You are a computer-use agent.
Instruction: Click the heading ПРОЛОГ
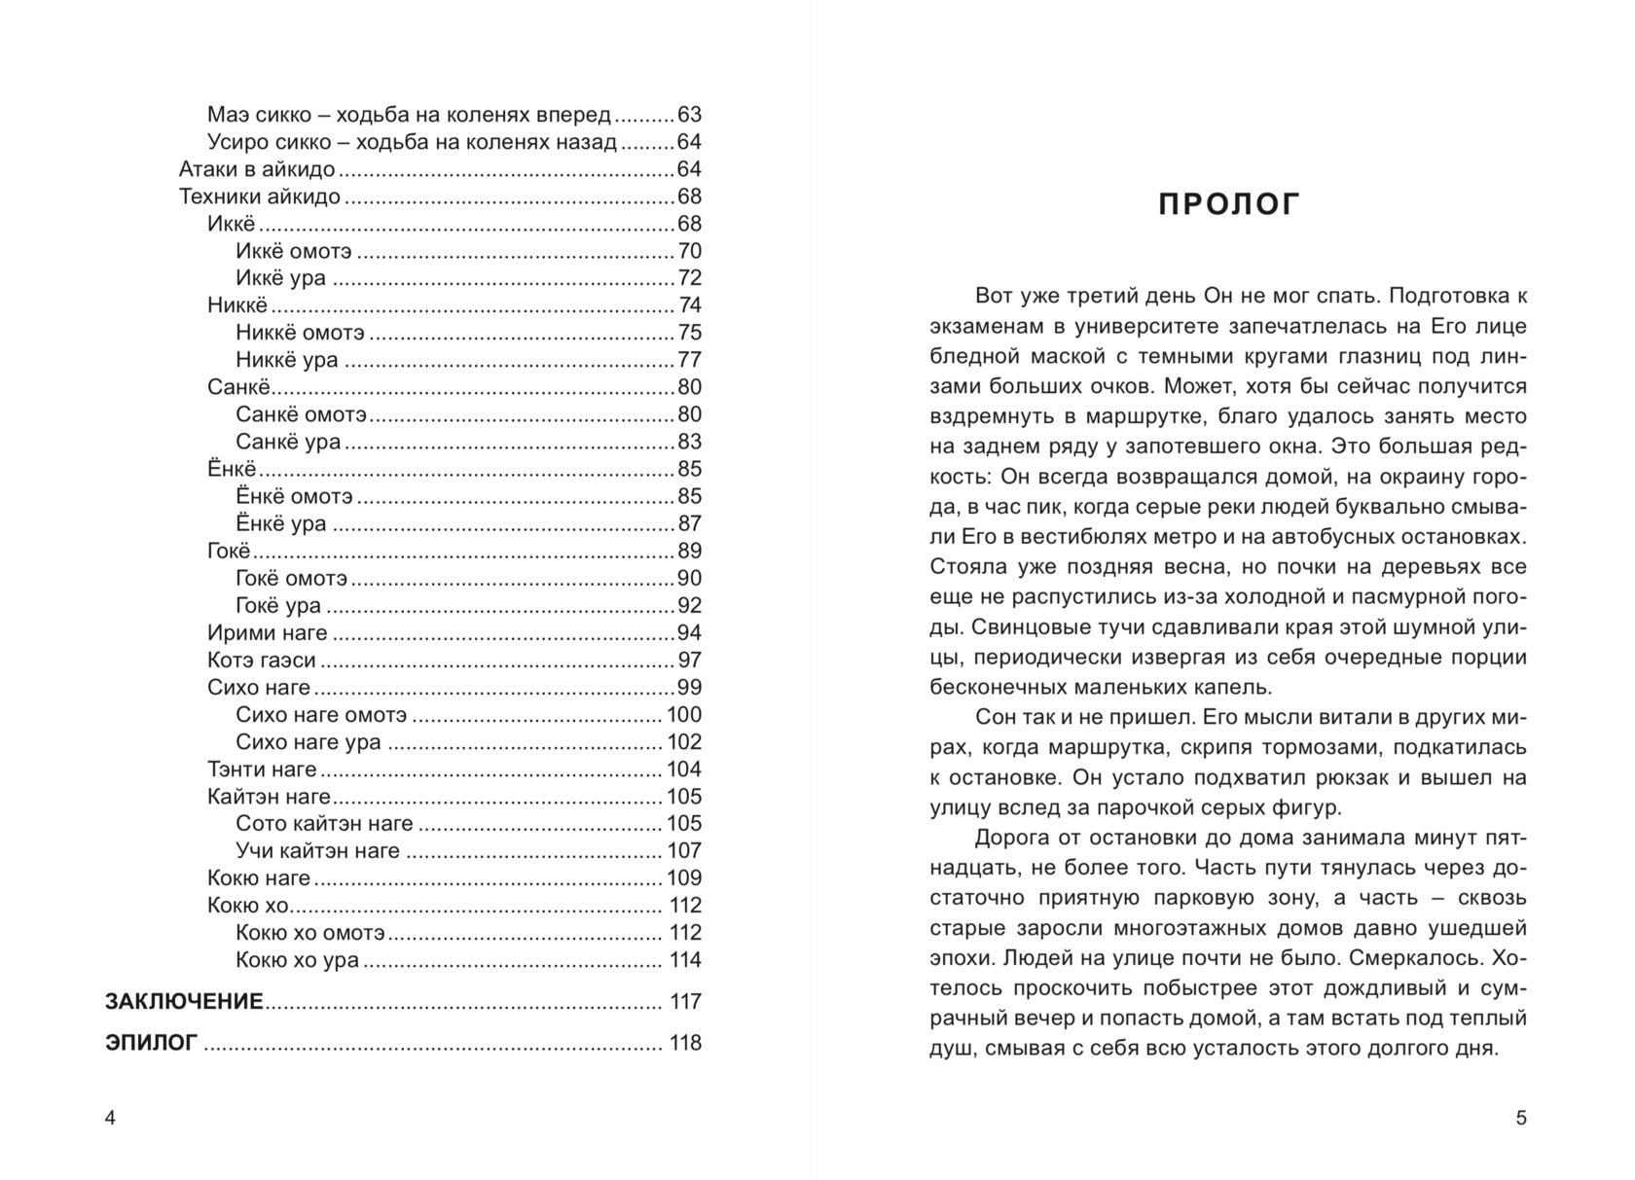click(x=1228, y=205)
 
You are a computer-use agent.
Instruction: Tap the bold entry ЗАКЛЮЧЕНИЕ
click(x=184, y=1002)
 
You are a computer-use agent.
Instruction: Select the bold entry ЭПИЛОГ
click(x=151, y=1044)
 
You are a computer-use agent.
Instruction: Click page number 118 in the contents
click(x=685, y=1044)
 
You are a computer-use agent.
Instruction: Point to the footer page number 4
click(x=110, y=1119)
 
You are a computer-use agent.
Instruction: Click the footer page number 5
click(x=1521, y=1119)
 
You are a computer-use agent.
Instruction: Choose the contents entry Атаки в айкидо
click(x=257, y=169)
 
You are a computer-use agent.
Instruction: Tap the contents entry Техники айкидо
click(x=260, y=197)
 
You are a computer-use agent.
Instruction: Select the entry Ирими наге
click(x=268, y=633)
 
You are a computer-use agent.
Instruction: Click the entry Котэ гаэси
click(x=262, y=661)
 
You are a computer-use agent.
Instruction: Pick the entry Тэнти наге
click(x=263, y=769)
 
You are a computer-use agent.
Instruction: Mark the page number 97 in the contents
click(x=689, y=661)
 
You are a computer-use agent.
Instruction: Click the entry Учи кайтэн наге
click(x=318, y=851)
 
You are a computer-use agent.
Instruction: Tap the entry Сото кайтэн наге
click(x=324, y=824)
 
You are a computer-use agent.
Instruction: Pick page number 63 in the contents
click(x=689, y=115)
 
